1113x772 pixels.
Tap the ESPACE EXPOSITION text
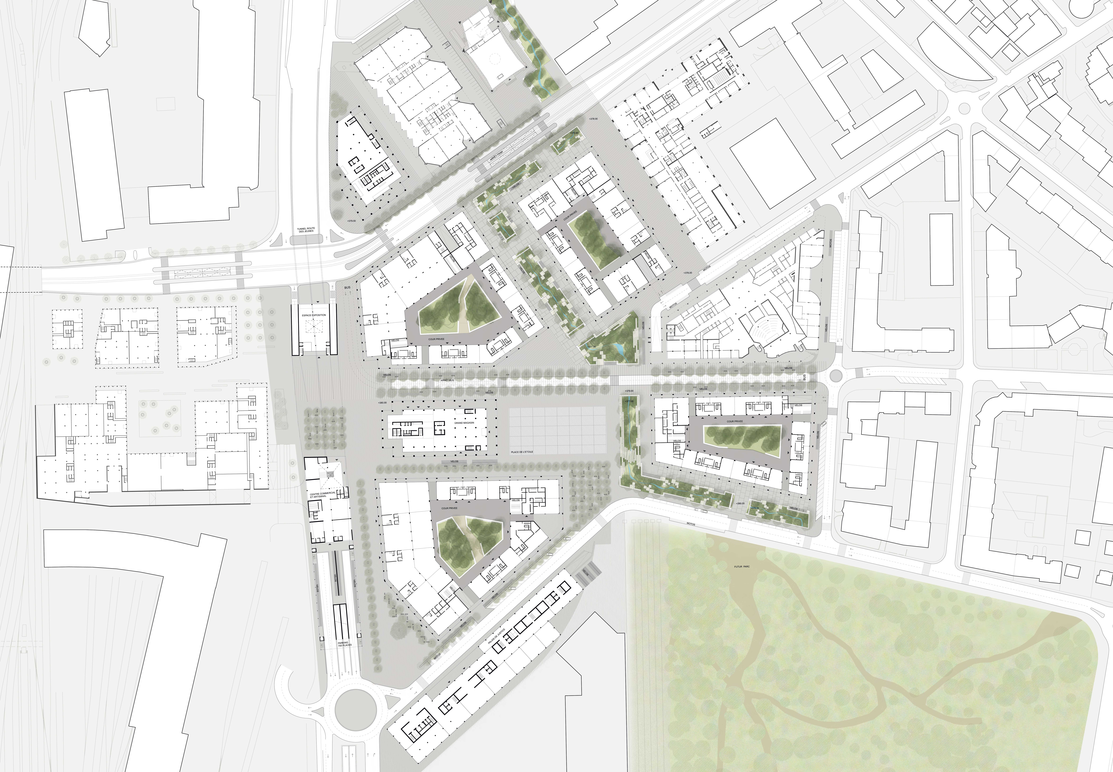click(314, 315)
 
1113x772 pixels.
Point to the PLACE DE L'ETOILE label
click(522, 452)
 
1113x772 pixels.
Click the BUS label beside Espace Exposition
click(347, 287)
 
